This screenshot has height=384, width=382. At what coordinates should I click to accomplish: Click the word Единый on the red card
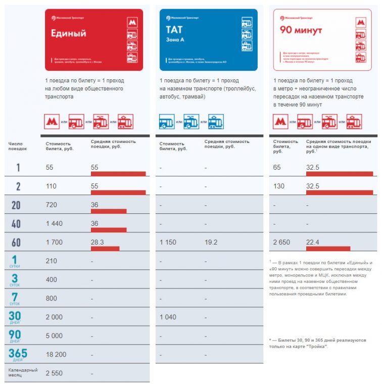69,33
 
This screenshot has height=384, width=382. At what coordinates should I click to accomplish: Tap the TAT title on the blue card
175,30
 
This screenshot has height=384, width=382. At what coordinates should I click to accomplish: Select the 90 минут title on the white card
301,30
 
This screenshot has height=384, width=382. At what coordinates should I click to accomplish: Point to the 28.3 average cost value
97,242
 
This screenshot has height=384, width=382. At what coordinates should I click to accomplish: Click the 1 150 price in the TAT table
168,243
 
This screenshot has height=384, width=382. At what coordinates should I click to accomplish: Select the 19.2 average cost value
211,243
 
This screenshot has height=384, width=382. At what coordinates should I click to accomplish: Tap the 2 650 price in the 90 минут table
281,243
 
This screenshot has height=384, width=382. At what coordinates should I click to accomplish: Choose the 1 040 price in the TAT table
168,317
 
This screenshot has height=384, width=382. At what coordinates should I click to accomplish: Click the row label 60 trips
16,242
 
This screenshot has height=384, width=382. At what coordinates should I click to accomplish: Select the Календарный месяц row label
23,373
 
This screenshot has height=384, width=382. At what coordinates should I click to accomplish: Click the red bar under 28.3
105,249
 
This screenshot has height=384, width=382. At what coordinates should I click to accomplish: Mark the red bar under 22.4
328,249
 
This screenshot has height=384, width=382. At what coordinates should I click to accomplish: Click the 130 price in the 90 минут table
278,186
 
